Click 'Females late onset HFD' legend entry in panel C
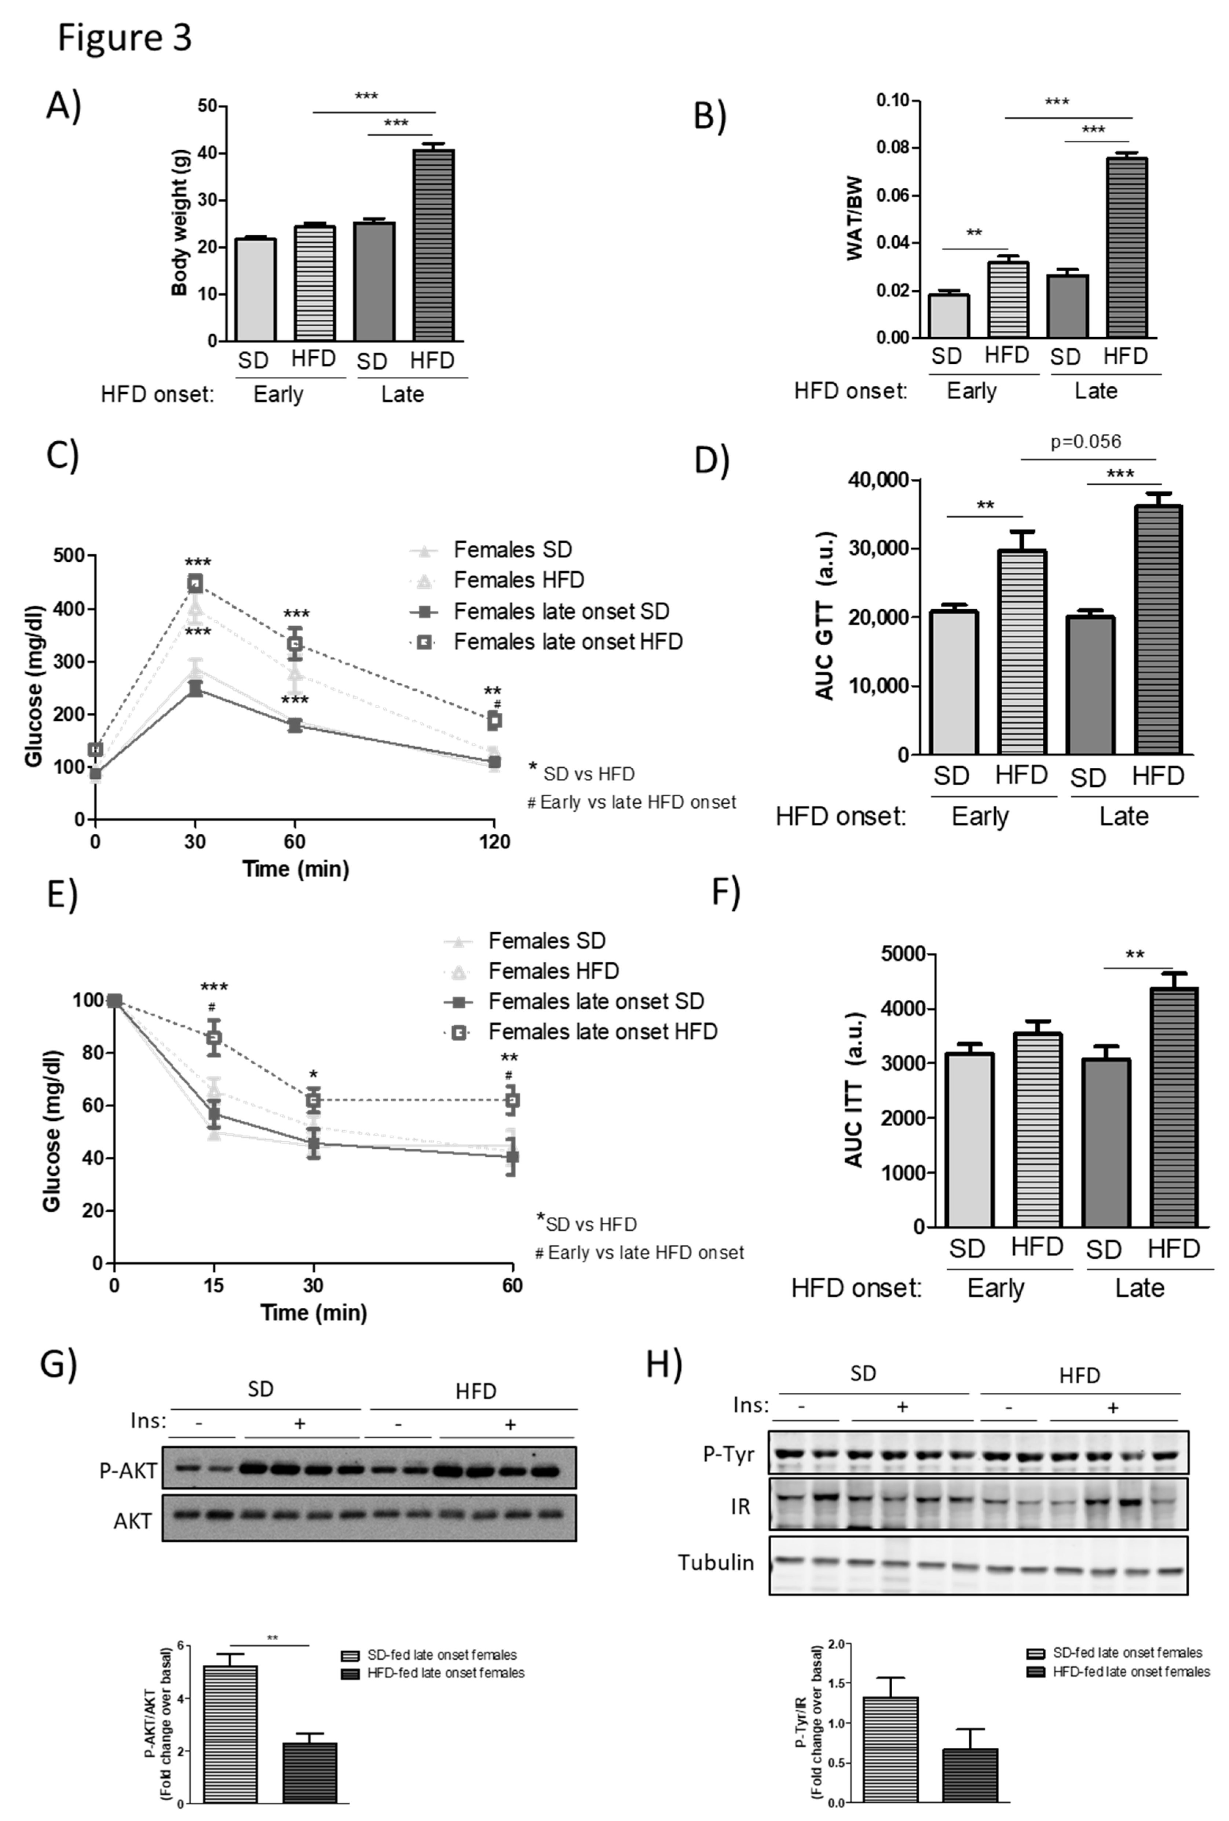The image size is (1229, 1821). [567, 642]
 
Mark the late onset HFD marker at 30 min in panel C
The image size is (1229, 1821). [194, 583]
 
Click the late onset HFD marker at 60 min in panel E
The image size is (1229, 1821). [512, 1100]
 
